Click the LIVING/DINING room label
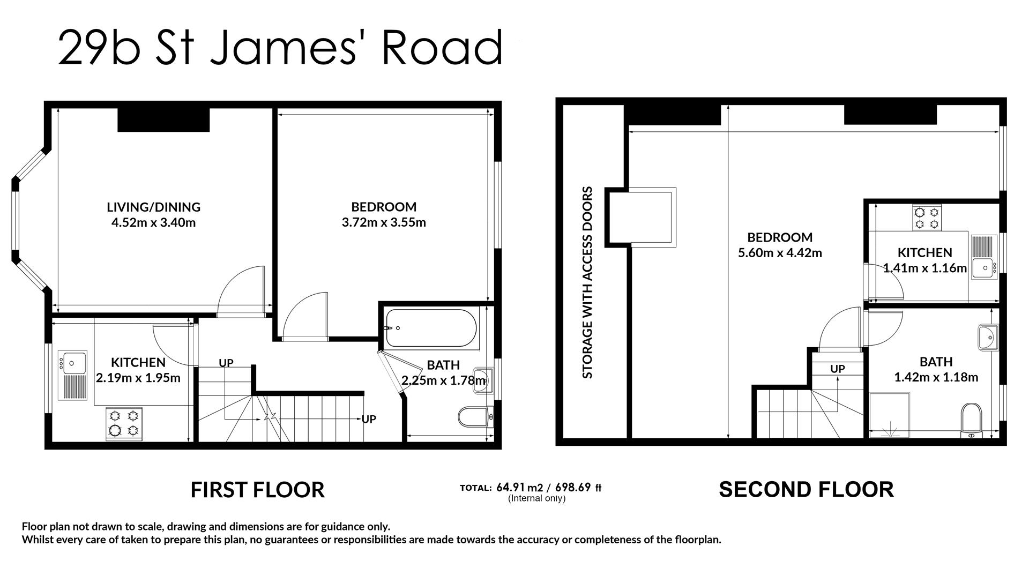click(153, 207)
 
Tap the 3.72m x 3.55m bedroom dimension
click(384, 222)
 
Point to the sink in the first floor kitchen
click(73, 363)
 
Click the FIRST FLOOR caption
click(257, 490)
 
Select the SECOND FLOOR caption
click(806, 490)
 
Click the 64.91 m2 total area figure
click(520, 488)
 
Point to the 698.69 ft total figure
click(578, 488)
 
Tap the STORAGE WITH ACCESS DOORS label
click(588, 282)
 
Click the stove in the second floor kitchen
click(927, 218)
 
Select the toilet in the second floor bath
click(971, 418)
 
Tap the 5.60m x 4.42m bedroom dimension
click(780, 253)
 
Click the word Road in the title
click(442, 47)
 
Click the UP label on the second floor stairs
click(837, 369)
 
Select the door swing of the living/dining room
click(241, 292)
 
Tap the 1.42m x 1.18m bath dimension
click(936, 377)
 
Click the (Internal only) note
click(536, 498)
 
